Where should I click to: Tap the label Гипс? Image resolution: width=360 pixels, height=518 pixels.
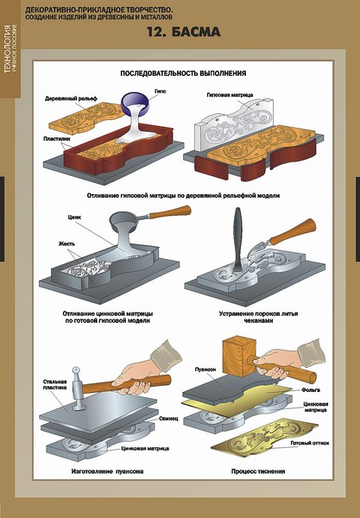click(161, 92)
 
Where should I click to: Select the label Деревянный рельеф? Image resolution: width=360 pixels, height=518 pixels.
click(71, 98)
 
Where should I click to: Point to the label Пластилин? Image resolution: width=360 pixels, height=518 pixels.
click(56, 139)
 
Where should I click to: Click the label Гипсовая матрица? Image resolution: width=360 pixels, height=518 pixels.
click(230, 95)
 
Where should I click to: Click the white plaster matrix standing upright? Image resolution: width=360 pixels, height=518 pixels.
click(234, 125)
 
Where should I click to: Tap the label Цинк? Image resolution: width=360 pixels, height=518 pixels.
click(74, 218)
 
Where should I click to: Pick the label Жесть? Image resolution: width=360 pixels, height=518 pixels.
click(66, 243)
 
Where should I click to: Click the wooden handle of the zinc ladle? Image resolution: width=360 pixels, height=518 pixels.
click(169, 212)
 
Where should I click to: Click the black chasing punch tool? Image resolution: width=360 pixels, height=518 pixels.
click(238, 239)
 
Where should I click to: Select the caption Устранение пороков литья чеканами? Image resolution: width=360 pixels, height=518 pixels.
click(258, 317)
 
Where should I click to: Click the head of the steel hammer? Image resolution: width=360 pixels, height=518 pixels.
click(78, 388)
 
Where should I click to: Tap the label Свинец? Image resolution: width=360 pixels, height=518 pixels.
click(168, 418)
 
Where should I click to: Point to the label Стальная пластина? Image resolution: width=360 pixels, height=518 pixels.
click(55, 384)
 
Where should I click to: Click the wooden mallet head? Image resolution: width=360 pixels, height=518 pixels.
click(239, 357)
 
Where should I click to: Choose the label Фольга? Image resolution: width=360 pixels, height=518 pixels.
click(311, 390)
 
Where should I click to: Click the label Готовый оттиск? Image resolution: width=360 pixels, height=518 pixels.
click(309, 443)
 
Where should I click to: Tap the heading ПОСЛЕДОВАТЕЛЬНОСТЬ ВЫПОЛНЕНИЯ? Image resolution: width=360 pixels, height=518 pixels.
click(183, 73)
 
